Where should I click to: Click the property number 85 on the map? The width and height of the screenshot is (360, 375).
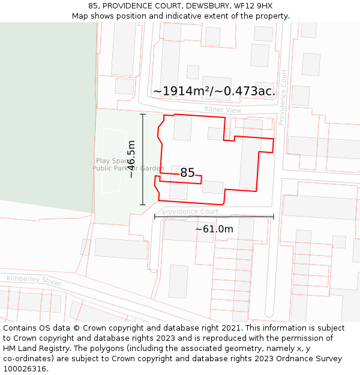(x=187, y=173)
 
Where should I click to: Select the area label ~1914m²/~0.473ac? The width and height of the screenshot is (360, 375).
(x=214, y=91)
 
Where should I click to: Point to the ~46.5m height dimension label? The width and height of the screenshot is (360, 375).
(x=131, y=159)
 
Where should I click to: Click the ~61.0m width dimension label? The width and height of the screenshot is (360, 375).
(x=214, y=229)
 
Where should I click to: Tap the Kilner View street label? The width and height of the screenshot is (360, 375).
(x=223, y=110)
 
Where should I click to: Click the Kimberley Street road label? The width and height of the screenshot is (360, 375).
(x=34, y=280)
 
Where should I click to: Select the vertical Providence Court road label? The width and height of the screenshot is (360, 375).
(x=283, y=97)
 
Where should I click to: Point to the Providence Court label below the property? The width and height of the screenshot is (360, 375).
(x=191, y=211)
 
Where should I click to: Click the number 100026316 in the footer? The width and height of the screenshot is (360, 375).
(x=23, y=369)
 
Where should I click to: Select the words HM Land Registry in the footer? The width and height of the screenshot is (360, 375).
(x=32, y=349)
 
